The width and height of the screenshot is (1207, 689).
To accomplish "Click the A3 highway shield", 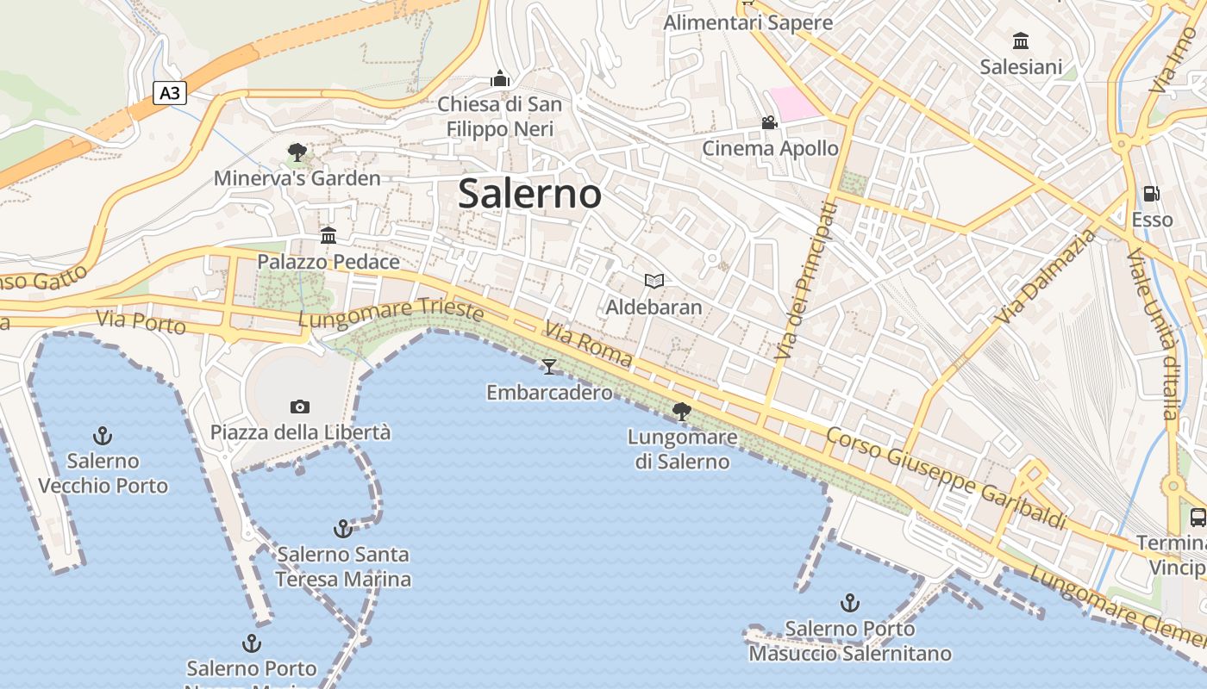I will point(170,92).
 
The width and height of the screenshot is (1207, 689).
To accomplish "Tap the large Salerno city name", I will point(529,193).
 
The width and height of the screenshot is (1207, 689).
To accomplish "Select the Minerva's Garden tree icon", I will point(297,153).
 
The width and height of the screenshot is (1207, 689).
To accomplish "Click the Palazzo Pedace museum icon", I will point(328,235).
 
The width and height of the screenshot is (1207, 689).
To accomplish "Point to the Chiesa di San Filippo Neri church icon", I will point(499,79).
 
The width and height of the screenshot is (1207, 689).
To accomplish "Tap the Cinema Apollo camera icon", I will point(769,123).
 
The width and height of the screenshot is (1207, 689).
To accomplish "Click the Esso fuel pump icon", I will point(1152,194).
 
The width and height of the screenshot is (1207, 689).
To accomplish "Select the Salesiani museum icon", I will point(1021,40).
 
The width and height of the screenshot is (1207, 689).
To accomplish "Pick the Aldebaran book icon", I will point(654,281).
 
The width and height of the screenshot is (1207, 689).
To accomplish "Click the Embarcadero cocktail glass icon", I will point(549,367).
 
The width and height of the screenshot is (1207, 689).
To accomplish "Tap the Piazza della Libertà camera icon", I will point(300,407).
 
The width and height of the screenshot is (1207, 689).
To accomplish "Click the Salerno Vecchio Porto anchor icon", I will point(103,435).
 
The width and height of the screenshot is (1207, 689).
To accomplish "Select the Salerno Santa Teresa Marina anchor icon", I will point(343,528).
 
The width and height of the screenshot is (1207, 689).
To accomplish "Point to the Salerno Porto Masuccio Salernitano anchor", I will point(850,603).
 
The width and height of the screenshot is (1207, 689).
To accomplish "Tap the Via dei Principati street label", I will point(804,281).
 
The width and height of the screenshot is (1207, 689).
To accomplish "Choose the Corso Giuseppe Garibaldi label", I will point(946,478).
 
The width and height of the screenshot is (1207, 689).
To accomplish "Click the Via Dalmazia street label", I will point(1046,276).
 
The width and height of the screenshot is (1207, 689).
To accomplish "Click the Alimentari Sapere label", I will point(747,22).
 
